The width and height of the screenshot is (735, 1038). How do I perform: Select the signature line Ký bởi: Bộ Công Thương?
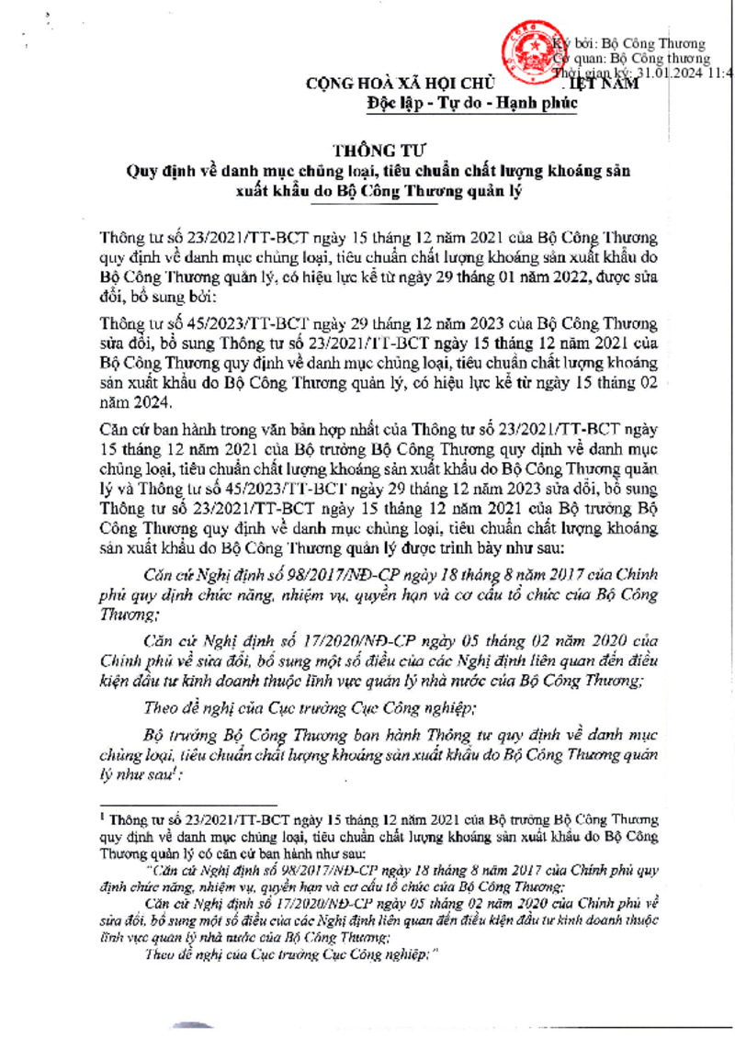[x=634, y=43]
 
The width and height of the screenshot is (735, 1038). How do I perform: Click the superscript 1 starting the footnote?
[x=103, y=815]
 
